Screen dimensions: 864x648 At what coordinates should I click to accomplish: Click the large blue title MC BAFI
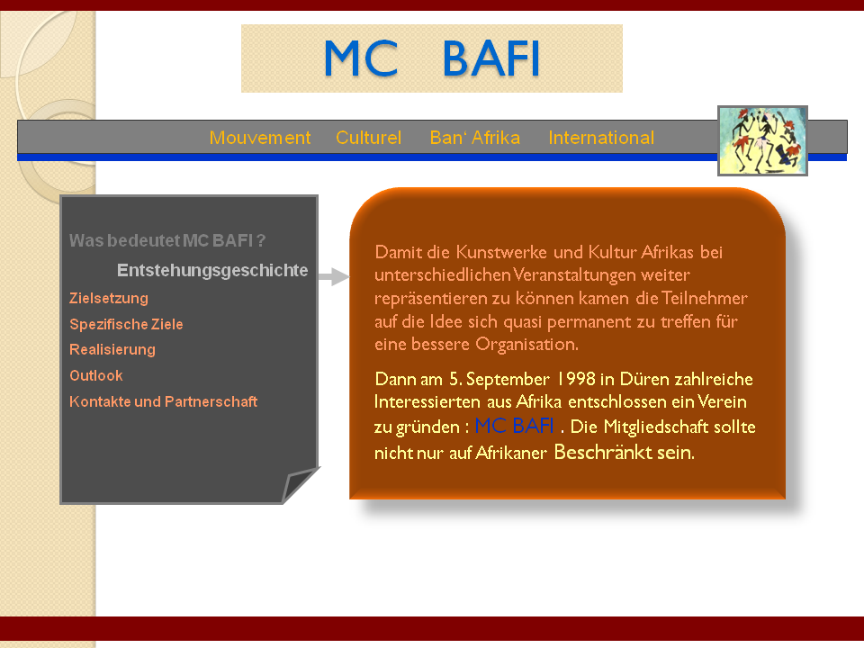pos(431,58)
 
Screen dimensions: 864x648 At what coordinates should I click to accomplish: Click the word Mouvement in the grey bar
pos(260,137)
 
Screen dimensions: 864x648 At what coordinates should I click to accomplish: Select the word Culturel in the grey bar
pos(369,137)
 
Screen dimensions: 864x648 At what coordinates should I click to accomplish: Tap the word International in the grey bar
pos(601,137)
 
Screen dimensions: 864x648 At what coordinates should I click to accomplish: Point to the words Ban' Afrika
pos(475,137)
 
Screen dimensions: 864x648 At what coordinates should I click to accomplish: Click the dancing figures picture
pos(762,141)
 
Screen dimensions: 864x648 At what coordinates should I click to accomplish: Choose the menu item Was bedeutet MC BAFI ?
pos(167,240)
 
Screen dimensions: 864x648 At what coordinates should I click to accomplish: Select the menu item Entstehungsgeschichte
pos(212,270)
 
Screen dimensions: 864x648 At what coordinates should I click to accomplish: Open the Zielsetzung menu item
pos(109,298)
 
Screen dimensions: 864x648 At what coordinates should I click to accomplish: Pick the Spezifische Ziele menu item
pos(126,324)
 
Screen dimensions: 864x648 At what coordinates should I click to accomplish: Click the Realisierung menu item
pos(112,349)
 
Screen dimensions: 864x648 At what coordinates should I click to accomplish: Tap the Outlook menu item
pos(96,375)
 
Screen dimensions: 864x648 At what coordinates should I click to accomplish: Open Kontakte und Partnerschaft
pos(163,401)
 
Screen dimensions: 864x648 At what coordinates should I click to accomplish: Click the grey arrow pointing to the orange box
pos(333,276)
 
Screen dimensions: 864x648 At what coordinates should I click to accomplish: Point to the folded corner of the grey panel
pos(301,484)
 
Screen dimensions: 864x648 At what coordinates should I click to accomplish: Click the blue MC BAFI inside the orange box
pos(514,426)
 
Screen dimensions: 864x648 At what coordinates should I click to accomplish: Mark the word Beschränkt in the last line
pos(596,452)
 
